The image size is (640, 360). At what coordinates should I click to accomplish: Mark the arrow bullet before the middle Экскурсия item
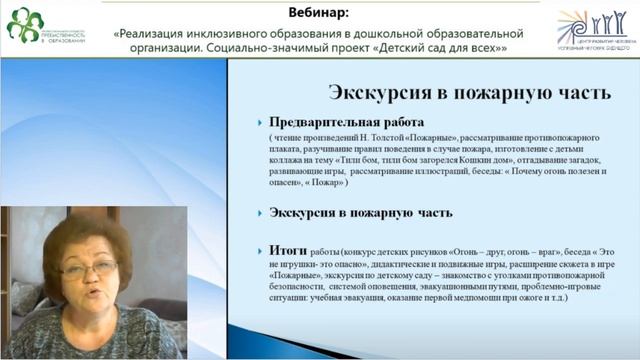click(259, 213)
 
